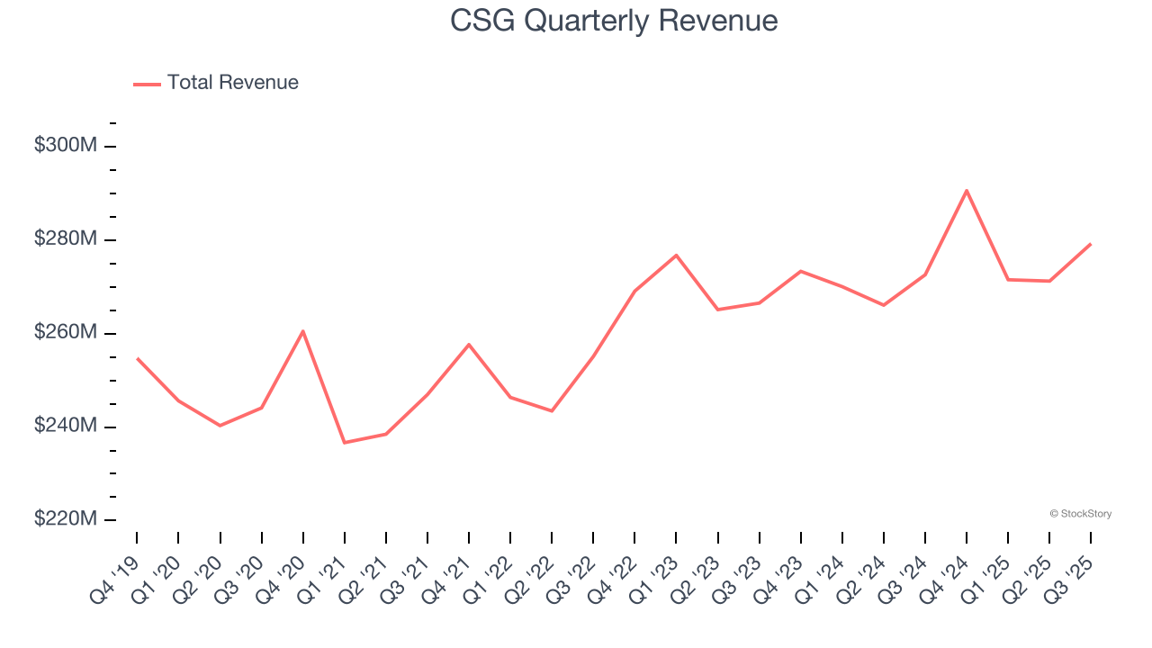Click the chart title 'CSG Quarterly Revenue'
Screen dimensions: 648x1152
pos(614,20)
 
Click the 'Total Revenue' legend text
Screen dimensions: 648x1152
pos(232,83)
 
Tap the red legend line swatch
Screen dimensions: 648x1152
pos(147,84)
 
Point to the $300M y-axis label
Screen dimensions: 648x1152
pos(65,146)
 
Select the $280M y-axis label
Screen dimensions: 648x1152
pos(65,239)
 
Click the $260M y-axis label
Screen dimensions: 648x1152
pos(65,333)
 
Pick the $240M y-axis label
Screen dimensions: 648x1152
pos(65,426)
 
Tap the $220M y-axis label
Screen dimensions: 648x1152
pos(65,519)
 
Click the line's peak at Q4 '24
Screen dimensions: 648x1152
pos(967,190)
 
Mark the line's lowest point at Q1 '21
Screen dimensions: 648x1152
pos(344,443)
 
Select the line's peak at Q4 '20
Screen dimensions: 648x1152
pos(303,330)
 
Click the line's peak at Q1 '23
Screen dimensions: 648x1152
pos(676,255)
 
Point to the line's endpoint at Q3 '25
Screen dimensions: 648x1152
pos(1091,244)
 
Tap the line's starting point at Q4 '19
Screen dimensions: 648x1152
pos(137,358)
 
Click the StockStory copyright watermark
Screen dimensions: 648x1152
pos(1080,514)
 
